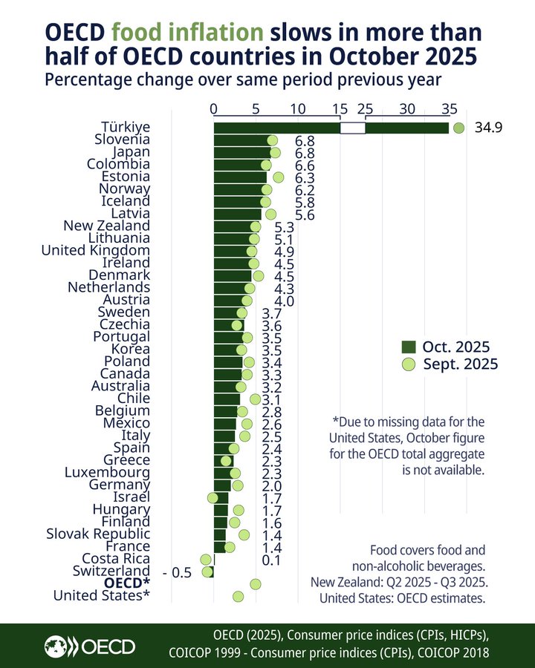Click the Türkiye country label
[x=123, y=127]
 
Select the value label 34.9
[x=489, y=128]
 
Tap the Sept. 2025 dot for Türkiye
[x=458, y=128]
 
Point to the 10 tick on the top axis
[x=298, y=109]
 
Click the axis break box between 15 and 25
[x=353, y=128]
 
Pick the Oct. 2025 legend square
[x=407, y=347]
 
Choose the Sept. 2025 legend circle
[x=407, y=364]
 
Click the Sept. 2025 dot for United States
[x=238, y=596]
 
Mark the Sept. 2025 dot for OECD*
[x=256, y=584]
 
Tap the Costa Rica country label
[x=116, y=559]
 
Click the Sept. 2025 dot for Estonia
[x=279, y=177]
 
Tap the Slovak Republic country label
[x=98, y=534]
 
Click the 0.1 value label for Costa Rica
[x=271, y=559]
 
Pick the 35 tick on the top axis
[x=449, y=109]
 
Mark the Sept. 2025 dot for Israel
[x=213, y=497]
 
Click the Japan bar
[x=242, y=152]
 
